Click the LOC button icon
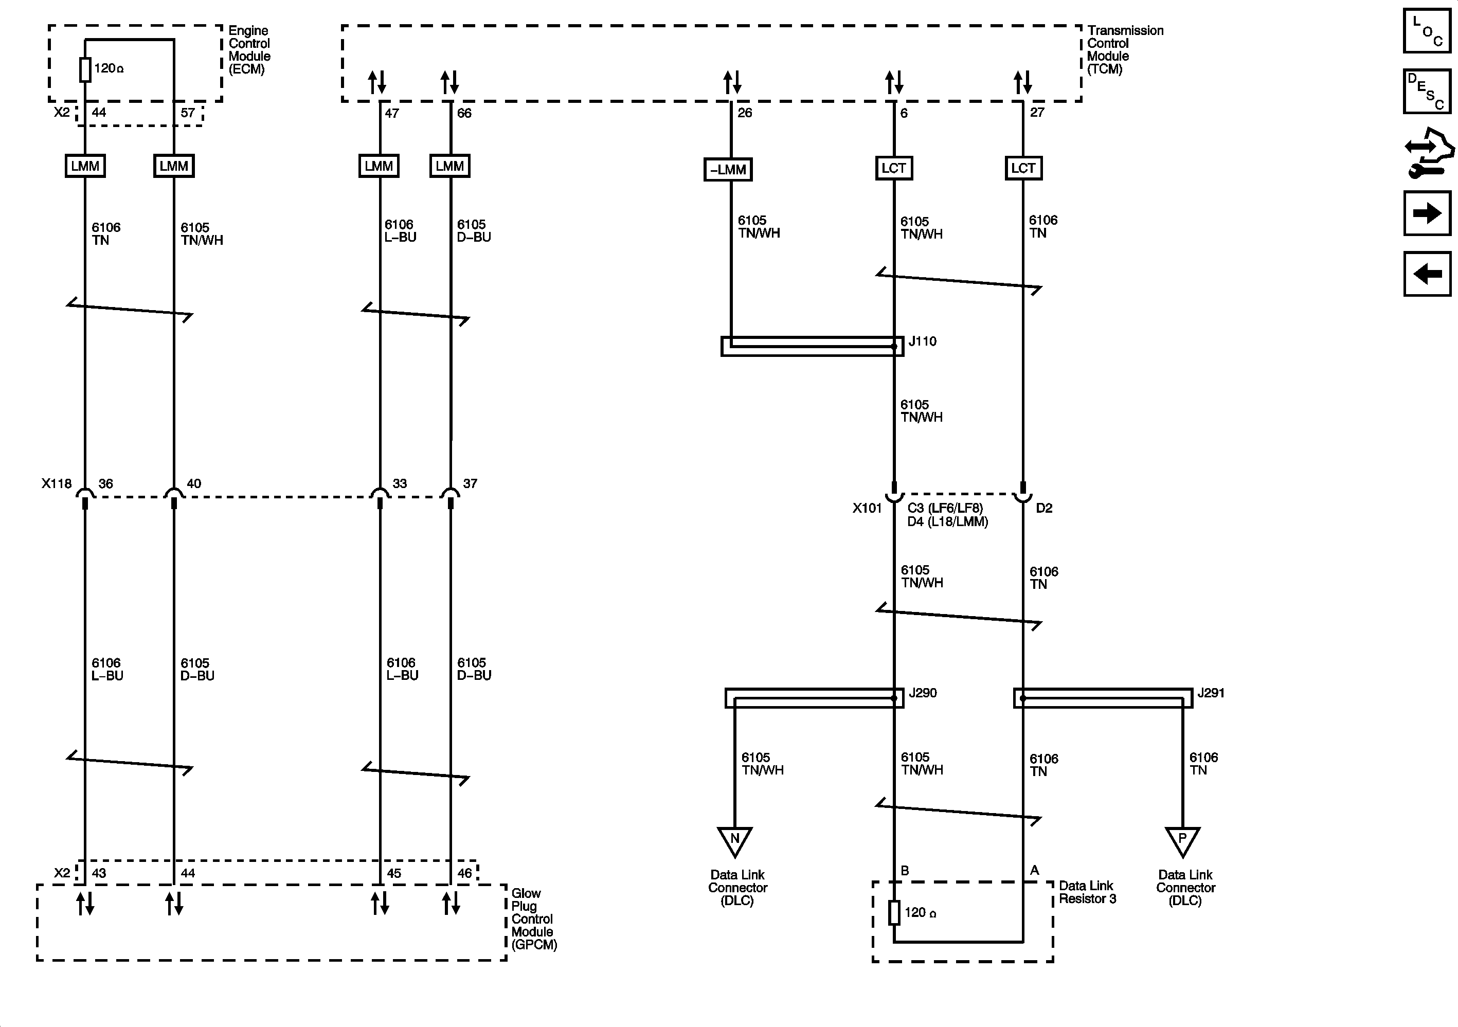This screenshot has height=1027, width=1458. tap(1426, 30)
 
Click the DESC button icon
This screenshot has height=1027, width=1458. tap(1426, 92)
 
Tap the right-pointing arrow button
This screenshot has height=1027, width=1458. tap(1427, 213)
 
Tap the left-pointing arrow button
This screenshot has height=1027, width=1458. tap(1427, 274)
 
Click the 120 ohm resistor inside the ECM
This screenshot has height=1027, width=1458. tap(85, 70)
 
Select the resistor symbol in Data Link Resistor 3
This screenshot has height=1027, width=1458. tap(894, 913)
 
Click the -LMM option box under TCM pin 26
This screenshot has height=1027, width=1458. tap(728, 170)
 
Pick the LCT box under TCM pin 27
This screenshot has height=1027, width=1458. tap(1023, 168)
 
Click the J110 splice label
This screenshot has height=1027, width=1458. tap(922, 341)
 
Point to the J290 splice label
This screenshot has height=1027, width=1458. tap(922, 693)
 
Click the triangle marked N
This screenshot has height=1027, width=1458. tap(735, 840)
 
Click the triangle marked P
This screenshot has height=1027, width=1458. tap(1182, 840)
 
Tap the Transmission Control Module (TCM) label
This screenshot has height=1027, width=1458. tap(1125, 49)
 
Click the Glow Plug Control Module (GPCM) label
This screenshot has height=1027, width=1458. tap(533, 918)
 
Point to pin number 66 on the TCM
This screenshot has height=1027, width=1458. tap(464, 113)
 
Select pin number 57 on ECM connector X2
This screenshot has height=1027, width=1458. tap(188, 113)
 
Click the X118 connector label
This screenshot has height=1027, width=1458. tap(57, 483)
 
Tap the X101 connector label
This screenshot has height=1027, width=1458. tap(867, 508)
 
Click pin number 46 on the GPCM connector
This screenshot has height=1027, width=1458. tap(464, 873)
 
